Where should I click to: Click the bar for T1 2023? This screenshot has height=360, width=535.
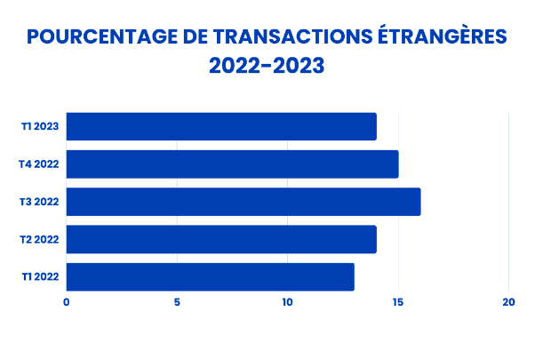tap(221, 126)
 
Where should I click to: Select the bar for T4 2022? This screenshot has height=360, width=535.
tap(232, 164)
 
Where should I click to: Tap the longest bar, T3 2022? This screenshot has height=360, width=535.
tap(244, 202)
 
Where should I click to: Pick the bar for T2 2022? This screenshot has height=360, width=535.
tap(221, 240)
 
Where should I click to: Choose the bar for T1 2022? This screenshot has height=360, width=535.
tap(211, 277)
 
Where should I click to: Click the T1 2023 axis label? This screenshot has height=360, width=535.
tap(40, 126)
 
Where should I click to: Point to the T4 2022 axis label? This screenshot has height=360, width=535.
tap(39, 164)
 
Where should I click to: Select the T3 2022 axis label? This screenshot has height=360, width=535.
tap(39, 202)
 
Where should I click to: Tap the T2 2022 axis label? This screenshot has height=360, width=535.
tap(39, 240)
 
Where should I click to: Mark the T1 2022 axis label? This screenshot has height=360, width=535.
tap(40, 277)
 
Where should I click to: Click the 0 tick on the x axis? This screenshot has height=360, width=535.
tap(67, 302)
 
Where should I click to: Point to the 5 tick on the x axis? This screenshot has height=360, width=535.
tap(177, 302)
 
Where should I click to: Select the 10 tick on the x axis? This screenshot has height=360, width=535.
tap(287, 302)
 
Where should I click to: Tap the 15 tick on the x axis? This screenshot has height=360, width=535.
tap(398, 302)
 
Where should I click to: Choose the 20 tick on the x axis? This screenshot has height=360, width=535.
tap(508, 302)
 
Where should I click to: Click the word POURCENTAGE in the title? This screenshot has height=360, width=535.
tap(98, 36)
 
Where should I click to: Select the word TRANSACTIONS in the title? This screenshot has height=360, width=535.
tap(287, 36)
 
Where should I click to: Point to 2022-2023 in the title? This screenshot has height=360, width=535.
tap(267, 66)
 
